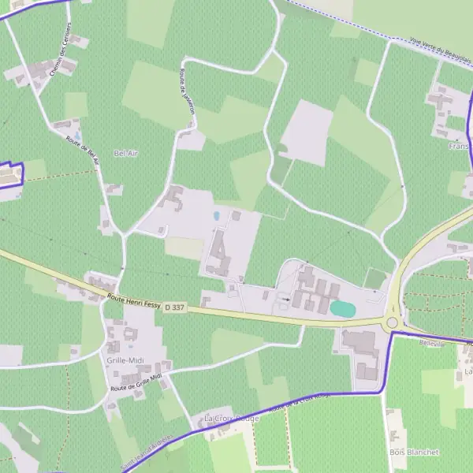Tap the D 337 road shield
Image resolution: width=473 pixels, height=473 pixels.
click(x=175, y=307)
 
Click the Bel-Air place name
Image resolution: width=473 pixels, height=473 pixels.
click(x=125, y=153)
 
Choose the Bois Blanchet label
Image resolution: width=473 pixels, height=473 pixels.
click(x=413, y=453)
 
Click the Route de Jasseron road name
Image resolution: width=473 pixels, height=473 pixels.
click(x=187, y=91)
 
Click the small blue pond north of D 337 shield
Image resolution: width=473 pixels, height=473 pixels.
click(x=217, y=215)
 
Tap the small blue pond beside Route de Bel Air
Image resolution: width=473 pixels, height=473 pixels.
click(x=76, y=135)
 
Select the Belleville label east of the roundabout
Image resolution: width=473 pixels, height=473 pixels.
click(x=433, y=345)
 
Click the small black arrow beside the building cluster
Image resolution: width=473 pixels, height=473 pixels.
click(x=285, y=299)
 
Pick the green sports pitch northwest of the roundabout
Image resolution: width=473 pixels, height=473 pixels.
click(x=375, y=279)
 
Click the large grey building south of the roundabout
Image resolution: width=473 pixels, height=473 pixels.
click(x=359, y=342)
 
